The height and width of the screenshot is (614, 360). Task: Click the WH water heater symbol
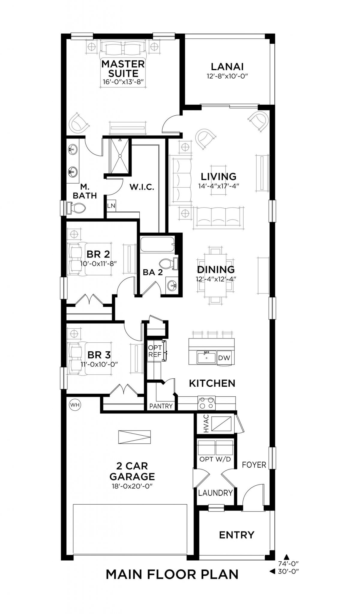75,405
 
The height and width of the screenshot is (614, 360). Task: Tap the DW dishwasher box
224,358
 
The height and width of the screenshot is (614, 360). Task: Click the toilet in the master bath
76,208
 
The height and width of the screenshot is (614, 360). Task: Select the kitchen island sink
206,358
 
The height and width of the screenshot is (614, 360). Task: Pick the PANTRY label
161,406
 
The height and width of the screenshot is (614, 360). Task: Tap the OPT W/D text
215,459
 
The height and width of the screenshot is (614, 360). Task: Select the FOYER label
254,465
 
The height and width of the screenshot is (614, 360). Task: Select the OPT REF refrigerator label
155,351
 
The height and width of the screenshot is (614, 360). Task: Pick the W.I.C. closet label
142,187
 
